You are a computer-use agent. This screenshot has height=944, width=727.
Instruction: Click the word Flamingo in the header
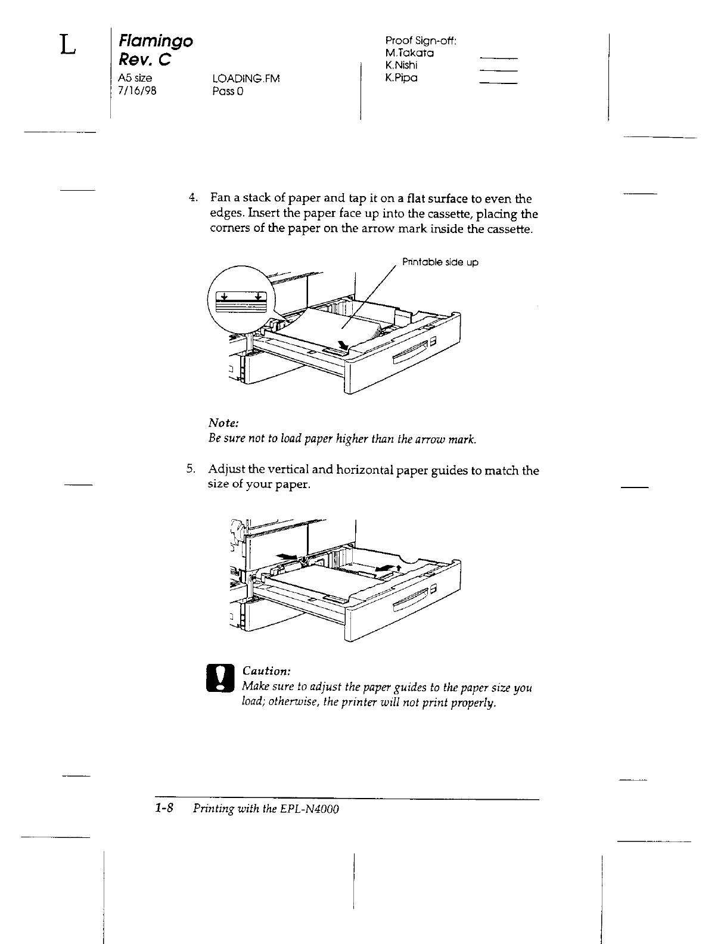click(156, 42)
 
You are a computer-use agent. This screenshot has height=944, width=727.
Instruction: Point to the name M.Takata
click(409, 53)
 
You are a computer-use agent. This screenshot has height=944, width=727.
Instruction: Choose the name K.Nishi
click(402, 66)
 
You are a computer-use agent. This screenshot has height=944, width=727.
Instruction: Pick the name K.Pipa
click(401, 78)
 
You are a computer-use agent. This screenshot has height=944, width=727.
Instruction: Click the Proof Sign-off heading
click(421, 41)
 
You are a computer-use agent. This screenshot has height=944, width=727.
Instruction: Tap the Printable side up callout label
click(440, 262)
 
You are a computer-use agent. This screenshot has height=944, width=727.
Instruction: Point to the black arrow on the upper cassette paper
click(344, 346)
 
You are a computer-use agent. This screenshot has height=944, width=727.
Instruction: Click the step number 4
click(192, 198)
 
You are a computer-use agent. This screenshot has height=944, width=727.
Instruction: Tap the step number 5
click(190, 470)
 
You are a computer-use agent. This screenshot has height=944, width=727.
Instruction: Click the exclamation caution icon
click(221, 679)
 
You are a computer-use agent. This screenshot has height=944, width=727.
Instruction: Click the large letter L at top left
click(68, 45)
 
